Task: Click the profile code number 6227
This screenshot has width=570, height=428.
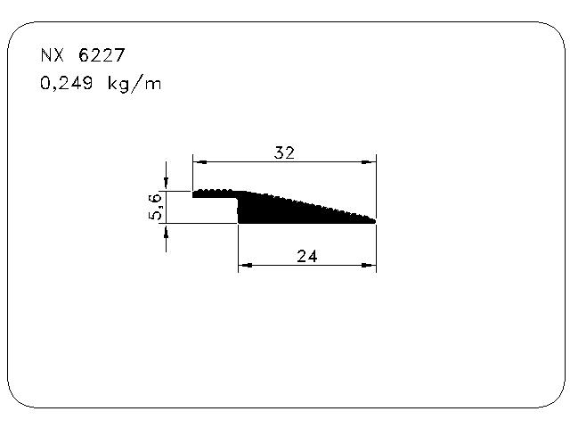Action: tap(102, 55)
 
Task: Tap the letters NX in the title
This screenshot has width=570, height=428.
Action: tap(53, 55)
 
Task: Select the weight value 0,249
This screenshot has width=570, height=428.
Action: tap(67, 83)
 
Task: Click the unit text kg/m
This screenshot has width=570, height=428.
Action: tap(134, 84)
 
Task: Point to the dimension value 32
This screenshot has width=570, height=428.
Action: tap(284, 152)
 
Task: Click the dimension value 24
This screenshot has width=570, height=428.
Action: tap(307, 256)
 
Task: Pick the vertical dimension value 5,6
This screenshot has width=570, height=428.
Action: tap(155, 207)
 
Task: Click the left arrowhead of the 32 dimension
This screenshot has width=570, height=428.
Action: tap(199, 162)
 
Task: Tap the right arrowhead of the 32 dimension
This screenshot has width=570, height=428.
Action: tap(369, 162)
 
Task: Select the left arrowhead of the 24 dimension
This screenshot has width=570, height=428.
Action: tap(246, 266)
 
